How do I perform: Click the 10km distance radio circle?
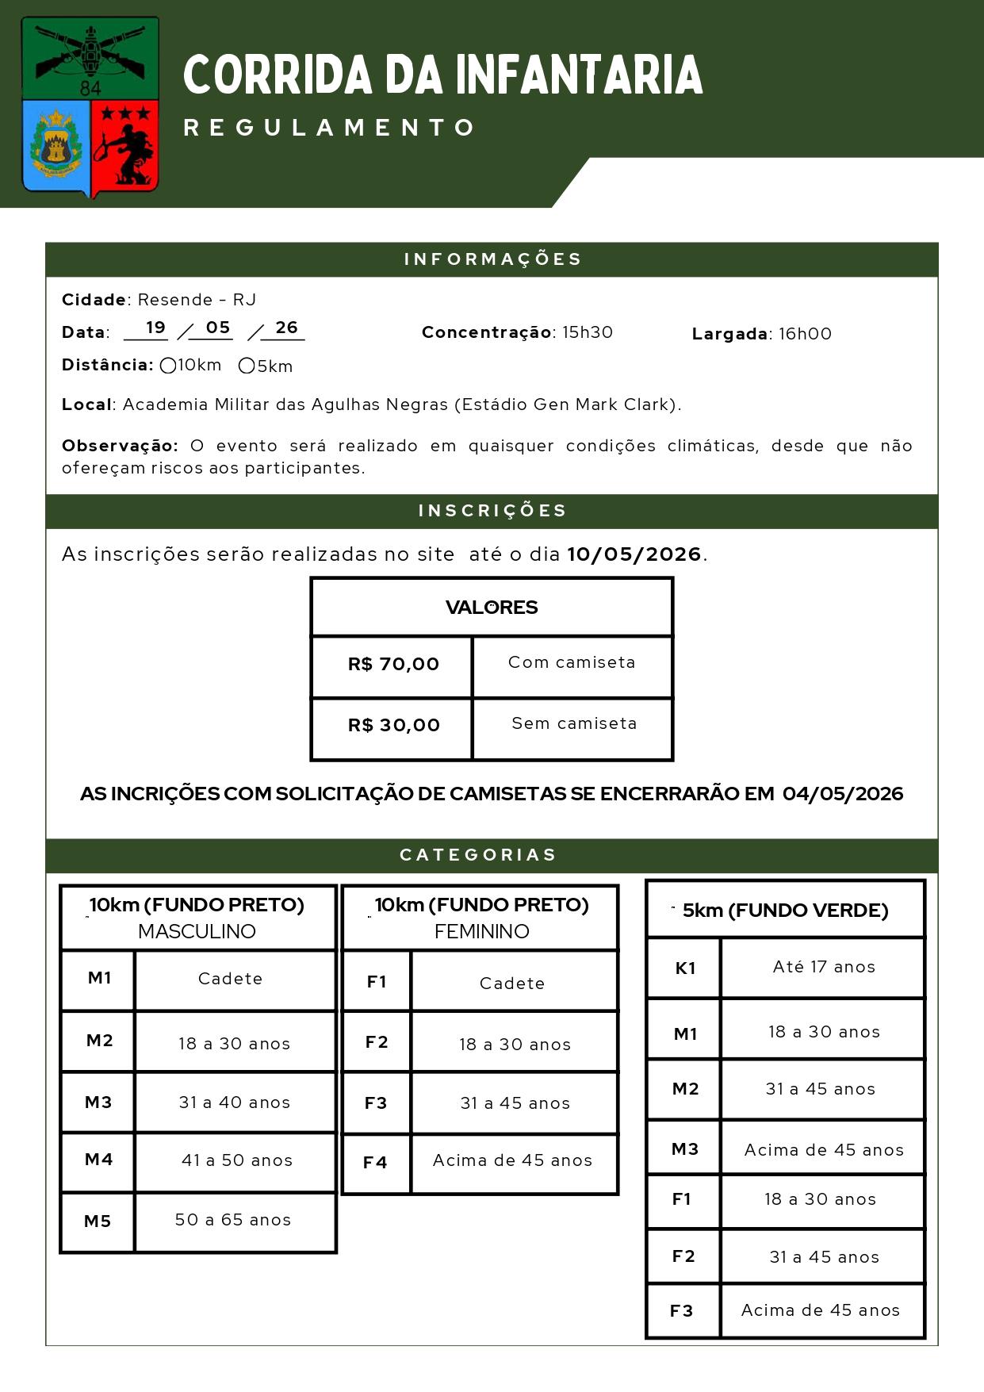tap(168, 366)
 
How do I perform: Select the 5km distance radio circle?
tap(247, 366)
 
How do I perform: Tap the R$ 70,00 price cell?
tap(393, 665)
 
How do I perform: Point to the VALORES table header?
tap(492, 608)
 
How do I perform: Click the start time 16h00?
tap(805, 334)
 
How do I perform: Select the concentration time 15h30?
tap(588, 332)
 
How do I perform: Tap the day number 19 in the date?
tap(155, 328)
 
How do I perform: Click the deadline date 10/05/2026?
tap(634, 554)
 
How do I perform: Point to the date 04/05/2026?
tap(842, 794)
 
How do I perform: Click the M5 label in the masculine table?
tap(98, 1221)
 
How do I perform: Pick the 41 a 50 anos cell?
tap(236, 1160)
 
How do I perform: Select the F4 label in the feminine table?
tap(375, 1163)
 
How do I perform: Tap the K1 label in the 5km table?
tap(685, 968)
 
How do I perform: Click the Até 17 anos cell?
tap(824, 967)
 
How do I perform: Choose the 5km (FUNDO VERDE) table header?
tap(785, 911)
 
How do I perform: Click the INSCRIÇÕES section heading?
tap(492, 511)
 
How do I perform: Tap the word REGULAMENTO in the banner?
tap(329, 128)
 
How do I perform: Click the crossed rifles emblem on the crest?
tap(90, 51)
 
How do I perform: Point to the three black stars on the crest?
tap(125, 114)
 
